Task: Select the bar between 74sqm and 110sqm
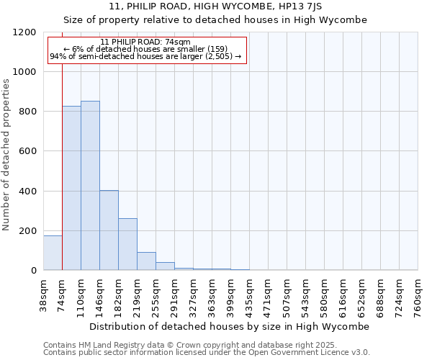click(x=71, y=188)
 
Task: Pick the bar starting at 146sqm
click(x=109, y=230)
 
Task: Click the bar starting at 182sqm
click(x=127, y=244)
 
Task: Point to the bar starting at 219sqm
click(x=146, y=261)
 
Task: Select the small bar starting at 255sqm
click(x=165, y=266)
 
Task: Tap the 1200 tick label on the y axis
click(x=24, y=32)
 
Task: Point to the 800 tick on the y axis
click(x=27, y=112)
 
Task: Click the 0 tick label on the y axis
click(x=34, y=271)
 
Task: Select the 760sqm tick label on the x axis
click(x=418, y=296)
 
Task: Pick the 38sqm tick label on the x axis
click(x=43, y=296)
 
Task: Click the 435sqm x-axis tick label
click(x=249, y=296)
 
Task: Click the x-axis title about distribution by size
click(x=230, y=326)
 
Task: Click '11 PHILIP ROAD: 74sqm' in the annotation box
click(x=145, y=42)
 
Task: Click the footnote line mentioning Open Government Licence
click(x=207, y=353)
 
